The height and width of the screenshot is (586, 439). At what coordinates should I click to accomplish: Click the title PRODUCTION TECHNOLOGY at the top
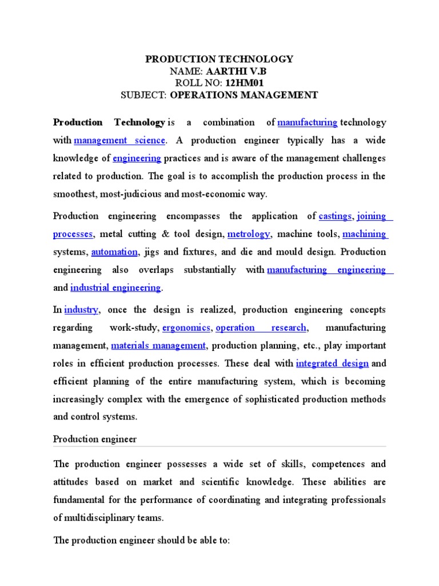tap(219, 60)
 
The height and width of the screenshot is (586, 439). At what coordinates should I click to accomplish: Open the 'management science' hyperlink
tap(119, 140)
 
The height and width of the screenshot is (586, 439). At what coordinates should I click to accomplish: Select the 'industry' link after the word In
tap(82, 310)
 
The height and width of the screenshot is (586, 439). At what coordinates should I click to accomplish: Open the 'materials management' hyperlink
tap(158, 346)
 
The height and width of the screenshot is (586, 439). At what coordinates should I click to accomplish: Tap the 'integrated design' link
tap(332, 364)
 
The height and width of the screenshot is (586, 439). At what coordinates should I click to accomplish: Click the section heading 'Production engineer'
tap(95, 439)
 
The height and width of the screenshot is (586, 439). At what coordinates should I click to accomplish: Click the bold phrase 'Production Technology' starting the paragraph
tap(109, 122)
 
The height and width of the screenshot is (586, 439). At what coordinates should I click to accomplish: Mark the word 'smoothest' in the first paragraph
tap(74, 195)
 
